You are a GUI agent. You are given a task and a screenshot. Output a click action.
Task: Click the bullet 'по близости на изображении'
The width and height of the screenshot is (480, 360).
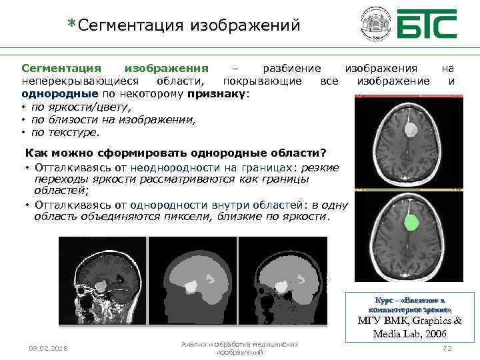point(113,119)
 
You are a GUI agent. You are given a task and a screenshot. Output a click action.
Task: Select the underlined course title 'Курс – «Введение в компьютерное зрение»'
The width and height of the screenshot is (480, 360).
point(411,305)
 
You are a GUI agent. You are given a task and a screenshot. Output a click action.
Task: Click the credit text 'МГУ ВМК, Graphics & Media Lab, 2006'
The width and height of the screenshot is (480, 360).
point(411,327)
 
